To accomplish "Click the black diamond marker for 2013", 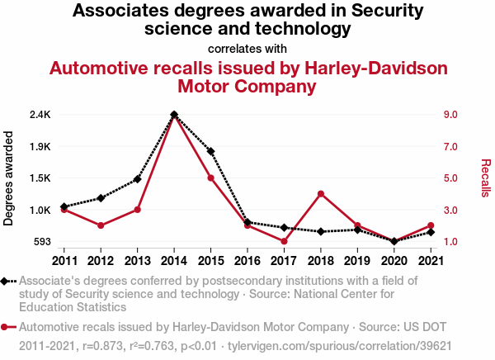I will tap(138, 178).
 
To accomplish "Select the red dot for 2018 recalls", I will tap(320, 194).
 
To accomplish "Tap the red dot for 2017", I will tap(284, 241).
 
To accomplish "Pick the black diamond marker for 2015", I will tap(211, 151).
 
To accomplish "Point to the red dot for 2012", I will tap(101, 225).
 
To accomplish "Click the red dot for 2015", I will tap(211, 178).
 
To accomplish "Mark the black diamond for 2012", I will tap(101, 198).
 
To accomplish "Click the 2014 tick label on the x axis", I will tap(174, 261).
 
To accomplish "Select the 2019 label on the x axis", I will tap(356, 261).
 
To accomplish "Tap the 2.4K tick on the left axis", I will tap(40, 114).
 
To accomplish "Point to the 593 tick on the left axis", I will tap(41, 242).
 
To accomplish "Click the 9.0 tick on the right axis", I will tap(450, 114).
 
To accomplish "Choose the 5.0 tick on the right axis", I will tap(450, 178).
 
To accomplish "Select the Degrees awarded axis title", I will tap(9, 178).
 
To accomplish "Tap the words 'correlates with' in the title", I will tap(247, 48).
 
